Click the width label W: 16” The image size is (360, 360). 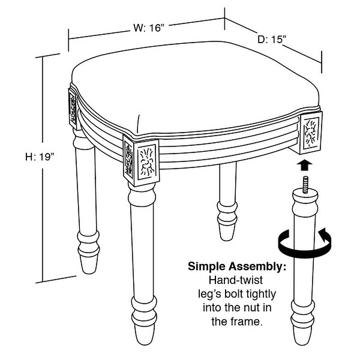[x=149, y=28]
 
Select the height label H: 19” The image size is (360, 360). [x=40, y=157]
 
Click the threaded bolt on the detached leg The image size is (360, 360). [x=305, y=184]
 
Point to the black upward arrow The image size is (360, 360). [x=305, y=165]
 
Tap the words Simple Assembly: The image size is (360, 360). [x=237, y=266]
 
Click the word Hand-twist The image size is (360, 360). [x=236, y=280]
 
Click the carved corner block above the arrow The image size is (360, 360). [x=311, y=133]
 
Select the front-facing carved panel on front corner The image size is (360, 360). [x=147, y=163]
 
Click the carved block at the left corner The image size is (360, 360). [x=73, y=109]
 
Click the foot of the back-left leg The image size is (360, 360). [x=89, y=264]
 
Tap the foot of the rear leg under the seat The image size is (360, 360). [x=227, y=232]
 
